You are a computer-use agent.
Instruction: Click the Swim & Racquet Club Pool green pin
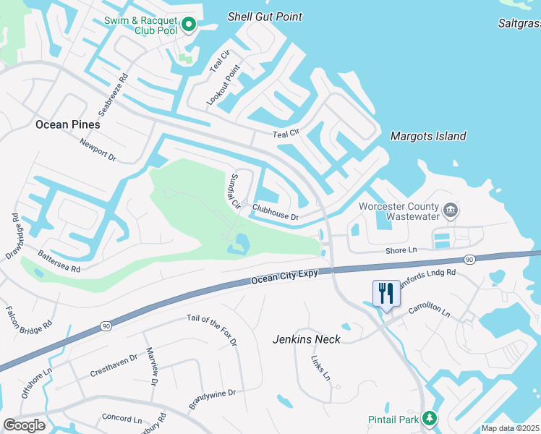[x=189, y=25]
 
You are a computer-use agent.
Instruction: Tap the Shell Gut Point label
[x=265, y=17]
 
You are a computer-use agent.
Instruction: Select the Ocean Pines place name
[x=67, y=124]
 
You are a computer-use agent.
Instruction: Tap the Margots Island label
[x=428, y=136]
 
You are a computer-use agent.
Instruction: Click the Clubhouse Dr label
[x=275, y=212]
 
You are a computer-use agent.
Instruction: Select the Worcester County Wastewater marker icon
[x=450, y=210]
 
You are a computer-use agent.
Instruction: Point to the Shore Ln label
[x=402, y=250]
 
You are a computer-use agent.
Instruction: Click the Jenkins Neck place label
[x=306, y=339]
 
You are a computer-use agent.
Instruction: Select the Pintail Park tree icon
[x=430, y=418]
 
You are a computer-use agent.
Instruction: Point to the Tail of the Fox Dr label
[x=211, y=330]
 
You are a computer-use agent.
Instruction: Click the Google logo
[x=24, y=425]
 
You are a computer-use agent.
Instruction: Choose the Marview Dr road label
[x=152, y=366]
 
